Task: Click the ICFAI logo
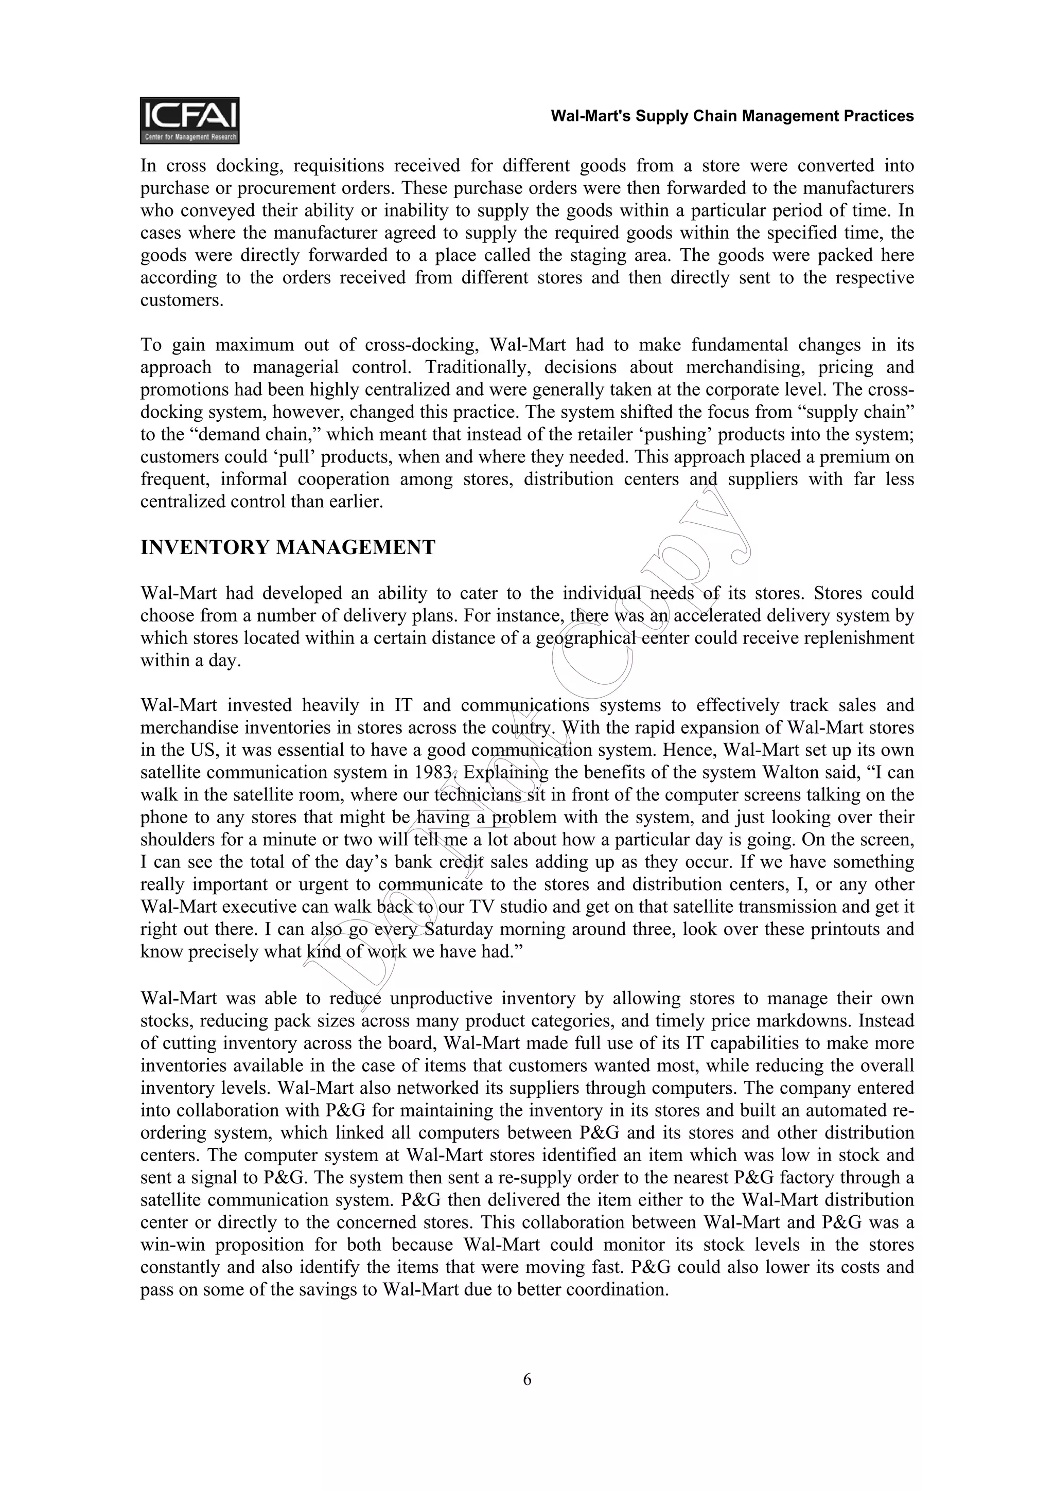(189, 120)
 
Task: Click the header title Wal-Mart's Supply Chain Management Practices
(732, 116)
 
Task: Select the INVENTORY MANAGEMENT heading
(288, 547)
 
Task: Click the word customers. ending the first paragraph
(182, 300)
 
